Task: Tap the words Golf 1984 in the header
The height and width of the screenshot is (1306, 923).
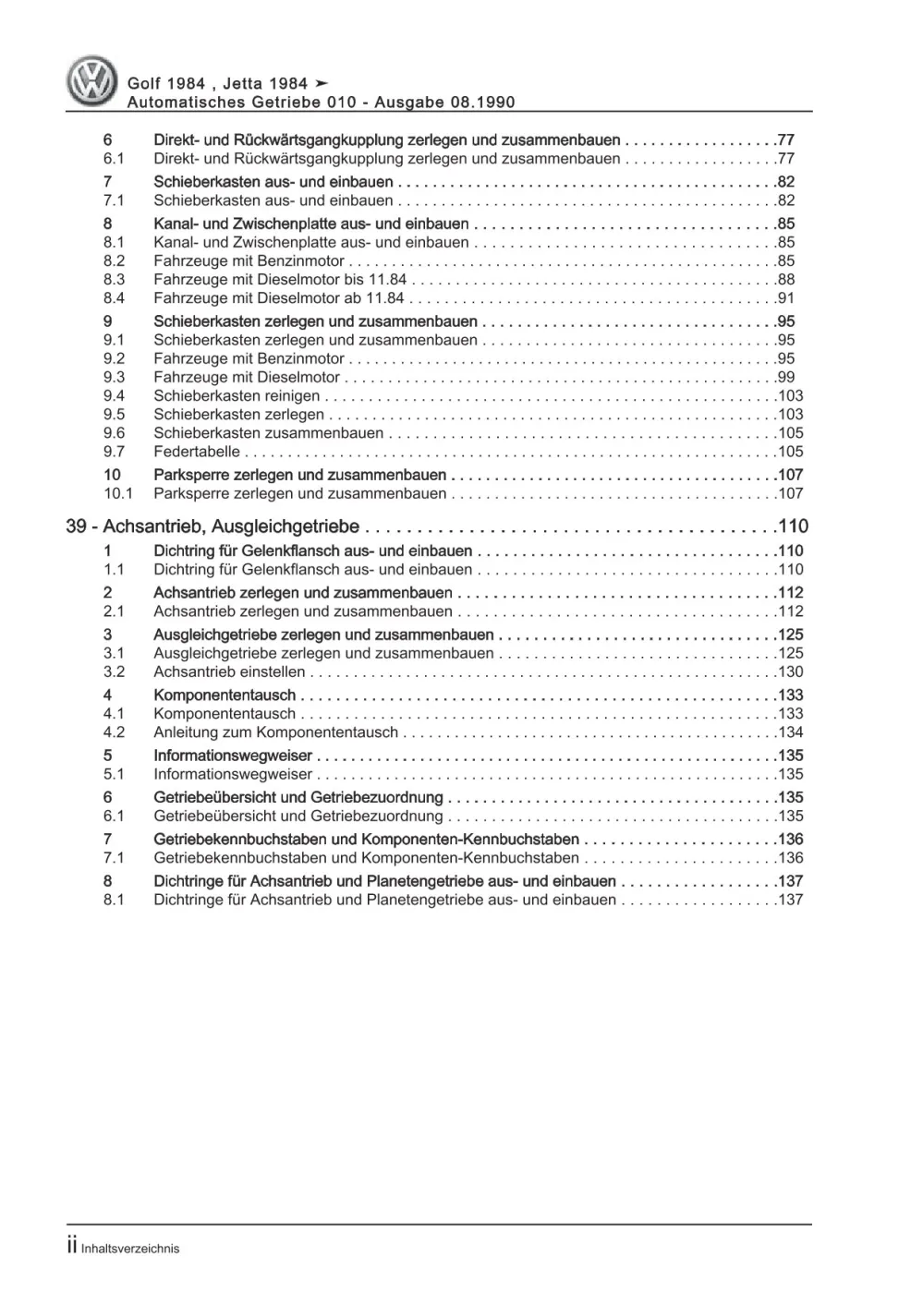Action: [165, 84]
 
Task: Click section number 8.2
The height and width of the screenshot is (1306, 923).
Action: [114, 261]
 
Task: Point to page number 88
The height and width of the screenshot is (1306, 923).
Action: [785, 280]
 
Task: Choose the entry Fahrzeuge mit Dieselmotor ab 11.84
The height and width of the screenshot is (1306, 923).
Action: [279, 298]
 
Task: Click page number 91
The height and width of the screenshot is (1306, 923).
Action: [785, 298]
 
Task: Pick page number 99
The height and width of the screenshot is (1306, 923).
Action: [785, 377]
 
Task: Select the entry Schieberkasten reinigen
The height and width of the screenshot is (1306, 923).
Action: [237, 396]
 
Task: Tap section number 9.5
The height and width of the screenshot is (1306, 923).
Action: [114, 415]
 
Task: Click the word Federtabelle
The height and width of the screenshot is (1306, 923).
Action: [197, 452]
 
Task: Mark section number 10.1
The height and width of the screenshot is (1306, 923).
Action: [117, 494]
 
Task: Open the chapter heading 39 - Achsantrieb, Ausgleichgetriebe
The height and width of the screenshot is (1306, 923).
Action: [213, 526]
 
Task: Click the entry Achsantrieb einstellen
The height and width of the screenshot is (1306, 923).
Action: [229, 672]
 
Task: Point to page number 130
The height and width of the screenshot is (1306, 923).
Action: [791, 672]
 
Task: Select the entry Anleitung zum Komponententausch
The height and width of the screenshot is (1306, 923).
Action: [275, 732]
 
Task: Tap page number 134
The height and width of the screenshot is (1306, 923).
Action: [791, 732]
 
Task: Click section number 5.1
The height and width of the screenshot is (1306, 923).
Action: [114, 775]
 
